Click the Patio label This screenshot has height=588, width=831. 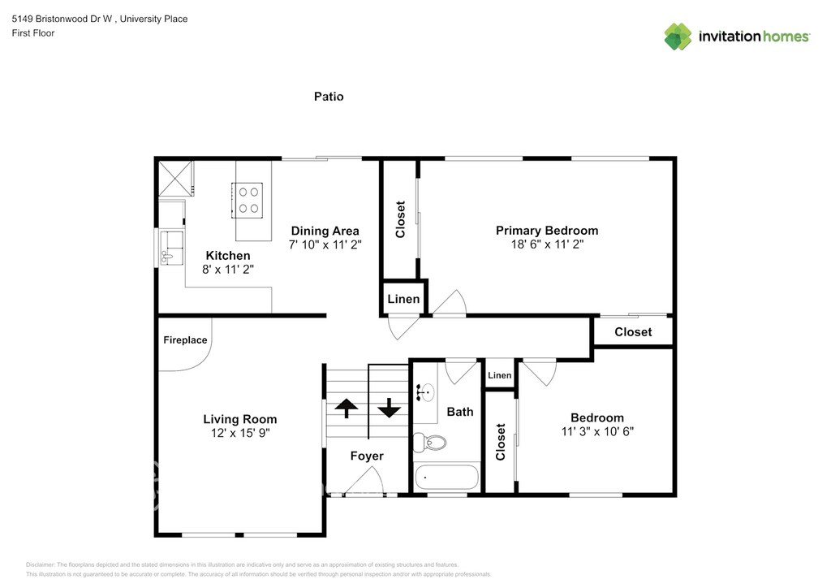pos(329,97)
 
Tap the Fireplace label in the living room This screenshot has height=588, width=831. pos(185,339)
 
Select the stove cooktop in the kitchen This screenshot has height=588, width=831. pos(248,200)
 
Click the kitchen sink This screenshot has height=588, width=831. pos(171,248)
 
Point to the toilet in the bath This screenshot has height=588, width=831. pos(429,442)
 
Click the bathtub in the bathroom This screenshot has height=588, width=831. pos(447,478)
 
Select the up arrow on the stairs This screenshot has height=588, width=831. pos(347,408)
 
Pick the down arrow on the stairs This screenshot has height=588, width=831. pos(389,408)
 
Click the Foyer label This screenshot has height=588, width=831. pos(367,456)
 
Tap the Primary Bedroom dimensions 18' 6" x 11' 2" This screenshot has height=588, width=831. pos(547,244)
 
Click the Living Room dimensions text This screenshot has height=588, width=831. pos(240,433)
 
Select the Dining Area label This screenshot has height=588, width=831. pos(325,231)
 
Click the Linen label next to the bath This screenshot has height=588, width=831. pos(500,375)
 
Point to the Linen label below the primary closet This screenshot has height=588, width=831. pos(403,299)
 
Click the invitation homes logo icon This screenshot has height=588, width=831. pos(678,36)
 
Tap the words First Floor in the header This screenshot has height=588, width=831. pos(32,32)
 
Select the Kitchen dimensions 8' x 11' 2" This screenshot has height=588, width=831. pos(228,270)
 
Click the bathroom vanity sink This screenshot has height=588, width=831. pos(425,393)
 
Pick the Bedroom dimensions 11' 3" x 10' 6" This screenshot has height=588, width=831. pos(597,431)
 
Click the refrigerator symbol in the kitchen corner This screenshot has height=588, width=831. pos(175,178)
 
